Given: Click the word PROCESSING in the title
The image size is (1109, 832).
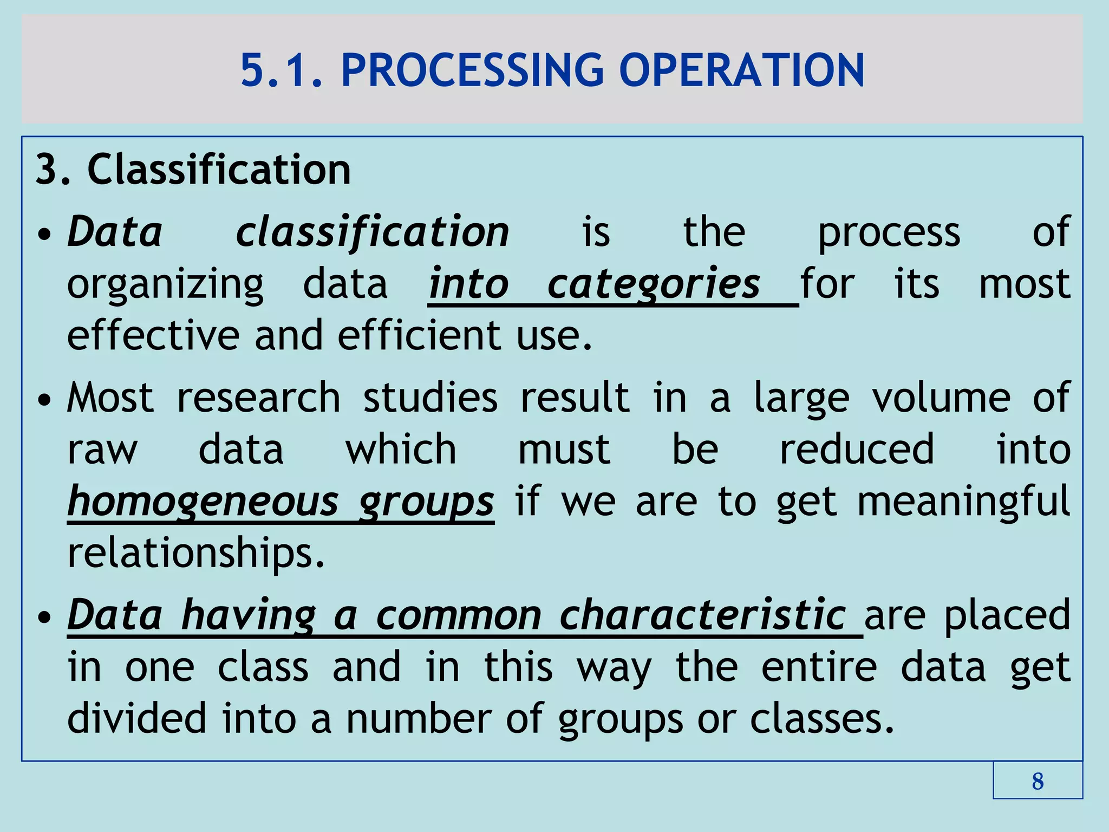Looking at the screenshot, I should [472, 70].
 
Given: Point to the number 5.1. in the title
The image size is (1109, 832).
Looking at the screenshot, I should [282, 70].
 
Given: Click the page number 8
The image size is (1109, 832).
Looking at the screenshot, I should [1038, 781].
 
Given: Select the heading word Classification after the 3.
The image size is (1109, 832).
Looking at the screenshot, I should [219, 170].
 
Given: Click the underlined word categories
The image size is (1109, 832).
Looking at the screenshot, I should [654, 284].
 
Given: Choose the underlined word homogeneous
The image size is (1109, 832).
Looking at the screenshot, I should [203, 501].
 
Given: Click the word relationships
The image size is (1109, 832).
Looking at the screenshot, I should [196, 553].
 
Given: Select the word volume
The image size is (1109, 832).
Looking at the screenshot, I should [941, 398].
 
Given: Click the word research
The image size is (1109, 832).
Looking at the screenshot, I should [259, 398].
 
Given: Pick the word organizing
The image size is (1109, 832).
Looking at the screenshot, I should [165, 284].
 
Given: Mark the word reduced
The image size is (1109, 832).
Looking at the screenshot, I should [857, 449].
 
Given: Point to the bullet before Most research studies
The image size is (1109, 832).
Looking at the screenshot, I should [45, 401].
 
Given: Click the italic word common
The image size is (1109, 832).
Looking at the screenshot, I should [459, 615].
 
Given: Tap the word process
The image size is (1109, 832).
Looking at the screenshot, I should [889, 232].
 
